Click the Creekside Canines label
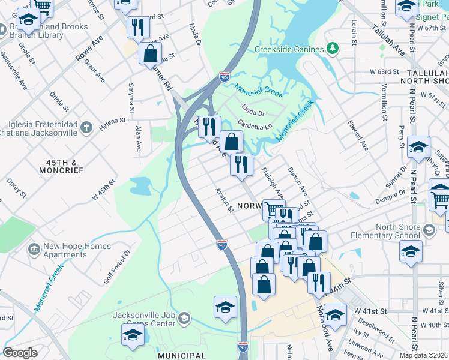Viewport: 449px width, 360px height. (289, 49)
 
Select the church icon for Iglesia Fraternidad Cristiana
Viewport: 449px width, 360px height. (86, 127)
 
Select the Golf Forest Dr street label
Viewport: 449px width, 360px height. (116, 267)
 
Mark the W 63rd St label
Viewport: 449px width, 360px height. (384, 71)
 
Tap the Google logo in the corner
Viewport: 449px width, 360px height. (20, 353)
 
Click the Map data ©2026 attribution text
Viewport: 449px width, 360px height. (424, 355)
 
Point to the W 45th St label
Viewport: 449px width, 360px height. (103, 190)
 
